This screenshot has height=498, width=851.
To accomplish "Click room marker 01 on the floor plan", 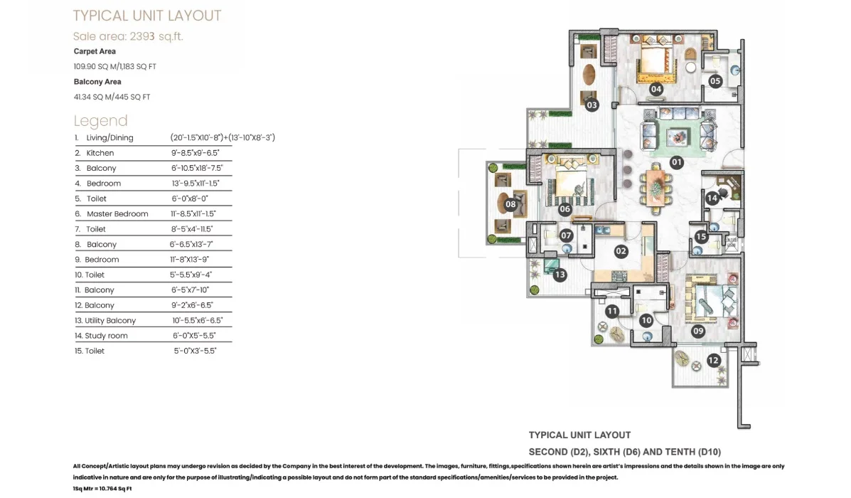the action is click(675, 161).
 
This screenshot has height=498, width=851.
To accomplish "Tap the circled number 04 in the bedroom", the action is click(656, 89).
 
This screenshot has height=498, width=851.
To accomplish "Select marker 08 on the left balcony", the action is click(510, 205).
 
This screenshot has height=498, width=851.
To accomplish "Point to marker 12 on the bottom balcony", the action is click(713, 360).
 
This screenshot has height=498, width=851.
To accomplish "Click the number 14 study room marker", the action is click(712, 198).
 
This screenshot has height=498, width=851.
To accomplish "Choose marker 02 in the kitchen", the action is click(621, 251).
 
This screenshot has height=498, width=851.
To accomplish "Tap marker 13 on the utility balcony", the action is click(560, 275).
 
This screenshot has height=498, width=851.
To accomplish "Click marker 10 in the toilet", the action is click(646, 320).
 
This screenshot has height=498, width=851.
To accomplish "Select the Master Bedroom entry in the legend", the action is click(117, 214).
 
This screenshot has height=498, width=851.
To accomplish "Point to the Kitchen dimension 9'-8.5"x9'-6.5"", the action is click(196, 153).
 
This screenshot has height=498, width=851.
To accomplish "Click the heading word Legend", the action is click(100, 120).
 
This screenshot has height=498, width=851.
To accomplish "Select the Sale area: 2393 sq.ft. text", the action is click(128, 36).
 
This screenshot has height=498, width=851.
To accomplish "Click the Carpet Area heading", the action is click(95, 51).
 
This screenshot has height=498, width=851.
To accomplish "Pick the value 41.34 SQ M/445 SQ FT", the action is click(112, 97).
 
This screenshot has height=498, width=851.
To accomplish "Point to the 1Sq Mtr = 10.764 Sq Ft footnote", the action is click(102, 489).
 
